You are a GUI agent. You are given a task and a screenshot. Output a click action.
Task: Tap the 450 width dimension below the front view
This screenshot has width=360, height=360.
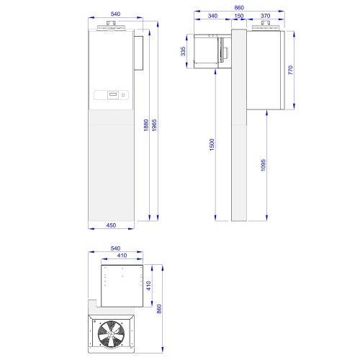tap(111, 225)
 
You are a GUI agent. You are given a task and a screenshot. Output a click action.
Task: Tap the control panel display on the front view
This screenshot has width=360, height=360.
tap(112, 94)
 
